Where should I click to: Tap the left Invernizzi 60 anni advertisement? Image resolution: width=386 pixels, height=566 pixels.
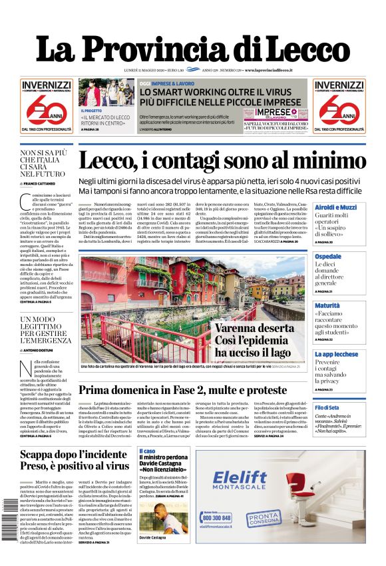coord(45,106)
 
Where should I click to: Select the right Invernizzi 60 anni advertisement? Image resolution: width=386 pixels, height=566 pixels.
coord(339,106)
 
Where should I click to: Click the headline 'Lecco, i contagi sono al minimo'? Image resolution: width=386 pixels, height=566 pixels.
coord(222,161)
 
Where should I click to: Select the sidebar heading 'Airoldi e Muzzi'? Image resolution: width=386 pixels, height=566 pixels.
coord(335,207)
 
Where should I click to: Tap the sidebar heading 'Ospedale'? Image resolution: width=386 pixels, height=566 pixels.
coord(328,257)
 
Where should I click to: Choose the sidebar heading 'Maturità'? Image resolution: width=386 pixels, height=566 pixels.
coord(327,305)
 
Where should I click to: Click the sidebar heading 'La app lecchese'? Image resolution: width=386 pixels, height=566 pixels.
coord(336,354)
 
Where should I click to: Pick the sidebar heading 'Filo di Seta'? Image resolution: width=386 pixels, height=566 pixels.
coord(327,407)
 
